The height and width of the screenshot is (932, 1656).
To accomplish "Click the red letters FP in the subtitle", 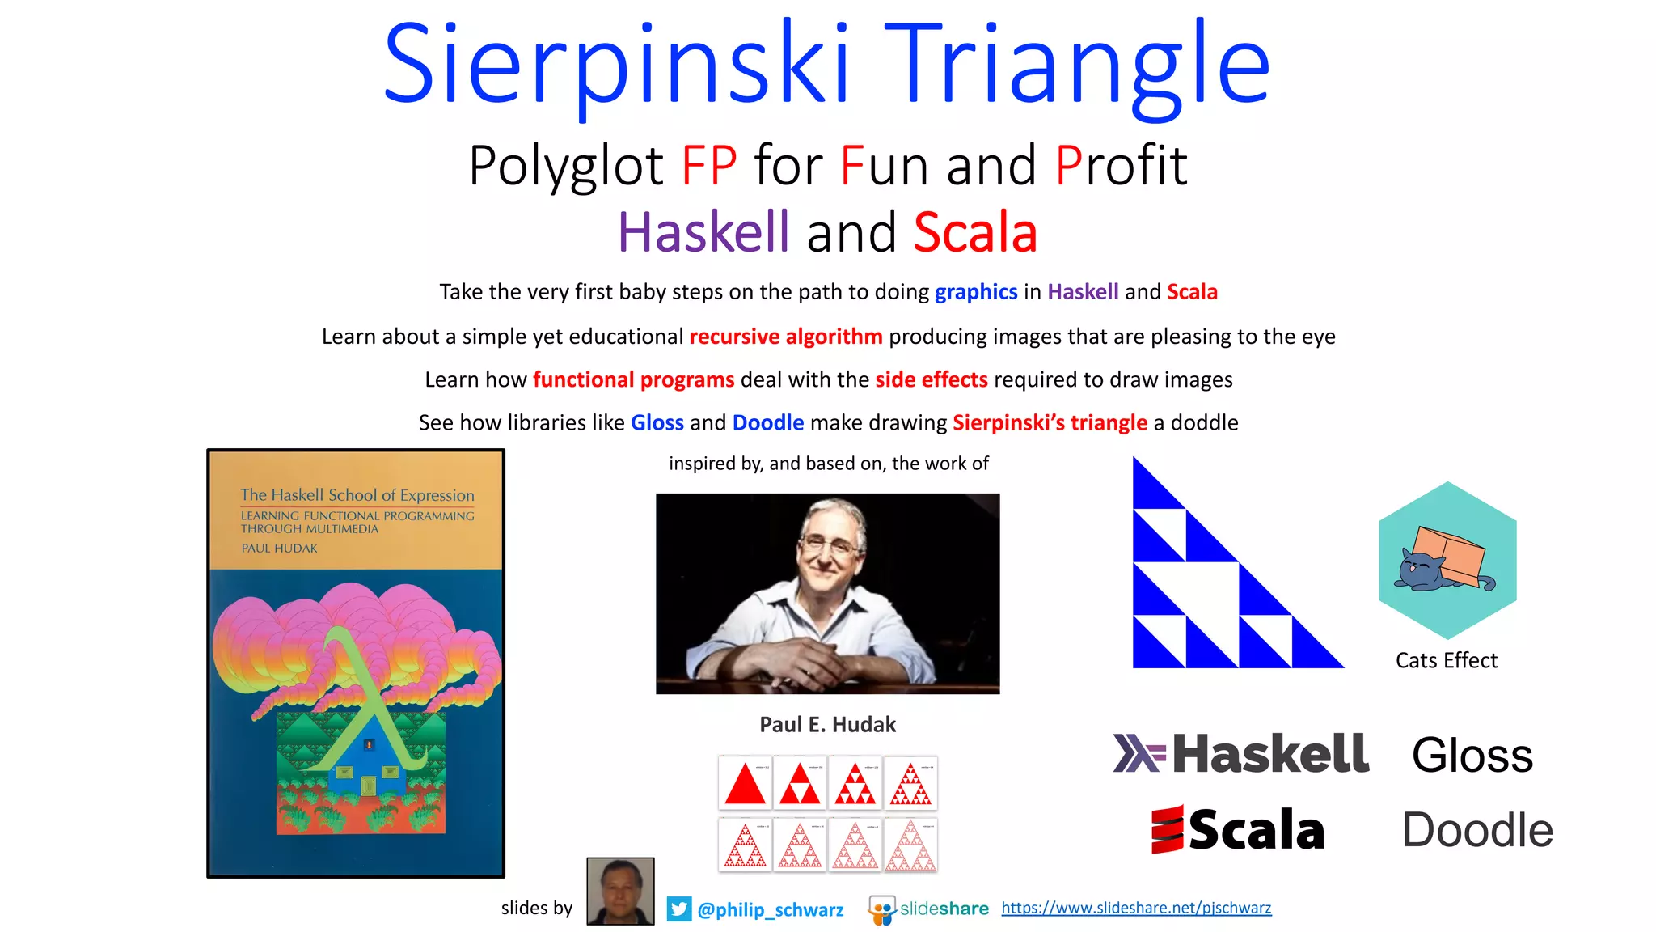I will [x=709, y=166].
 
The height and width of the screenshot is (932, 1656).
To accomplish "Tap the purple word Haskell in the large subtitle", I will [x=703, y=232].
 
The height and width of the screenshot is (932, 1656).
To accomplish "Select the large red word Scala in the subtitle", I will [x=975, y=232].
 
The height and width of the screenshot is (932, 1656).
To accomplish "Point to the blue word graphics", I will [x=976, y=292].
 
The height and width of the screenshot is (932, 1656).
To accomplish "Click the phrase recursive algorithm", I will [x=785, y=337].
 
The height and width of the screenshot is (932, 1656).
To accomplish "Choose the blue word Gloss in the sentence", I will [x=657, y=422].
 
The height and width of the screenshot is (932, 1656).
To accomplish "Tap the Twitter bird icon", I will [x=679, y=909].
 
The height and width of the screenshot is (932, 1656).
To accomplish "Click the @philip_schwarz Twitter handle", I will [x=770, y=910].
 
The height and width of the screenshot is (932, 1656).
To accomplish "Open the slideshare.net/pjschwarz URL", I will [x=1136, y=908].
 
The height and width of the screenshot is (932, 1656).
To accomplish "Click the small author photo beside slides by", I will [x=620, y=891].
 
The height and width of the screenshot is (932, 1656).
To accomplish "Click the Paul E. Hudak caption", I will [x=827, y=724].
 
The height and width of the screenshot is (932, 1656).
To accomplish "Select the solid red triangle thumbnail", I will [x=745, y=783].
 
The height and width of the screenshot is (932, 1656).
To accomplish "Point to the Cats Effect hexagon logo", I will [x=1447, y=560].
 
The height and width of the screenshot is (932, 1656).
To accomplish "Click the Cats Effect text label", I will [x=1446, y=660].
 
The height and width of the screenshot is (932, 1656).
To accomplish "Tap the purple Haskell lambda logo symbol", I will [x=1138, y=753].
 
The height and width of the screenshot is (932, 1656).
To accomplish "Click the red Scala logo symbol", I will [x=1167, y=829].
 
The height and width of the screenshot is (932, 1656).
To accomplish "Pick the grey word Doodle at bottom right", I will [x=1477, y=830].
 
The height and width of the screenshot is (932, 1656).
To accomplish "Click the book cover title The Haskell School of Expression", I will [x=357, y=494].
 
